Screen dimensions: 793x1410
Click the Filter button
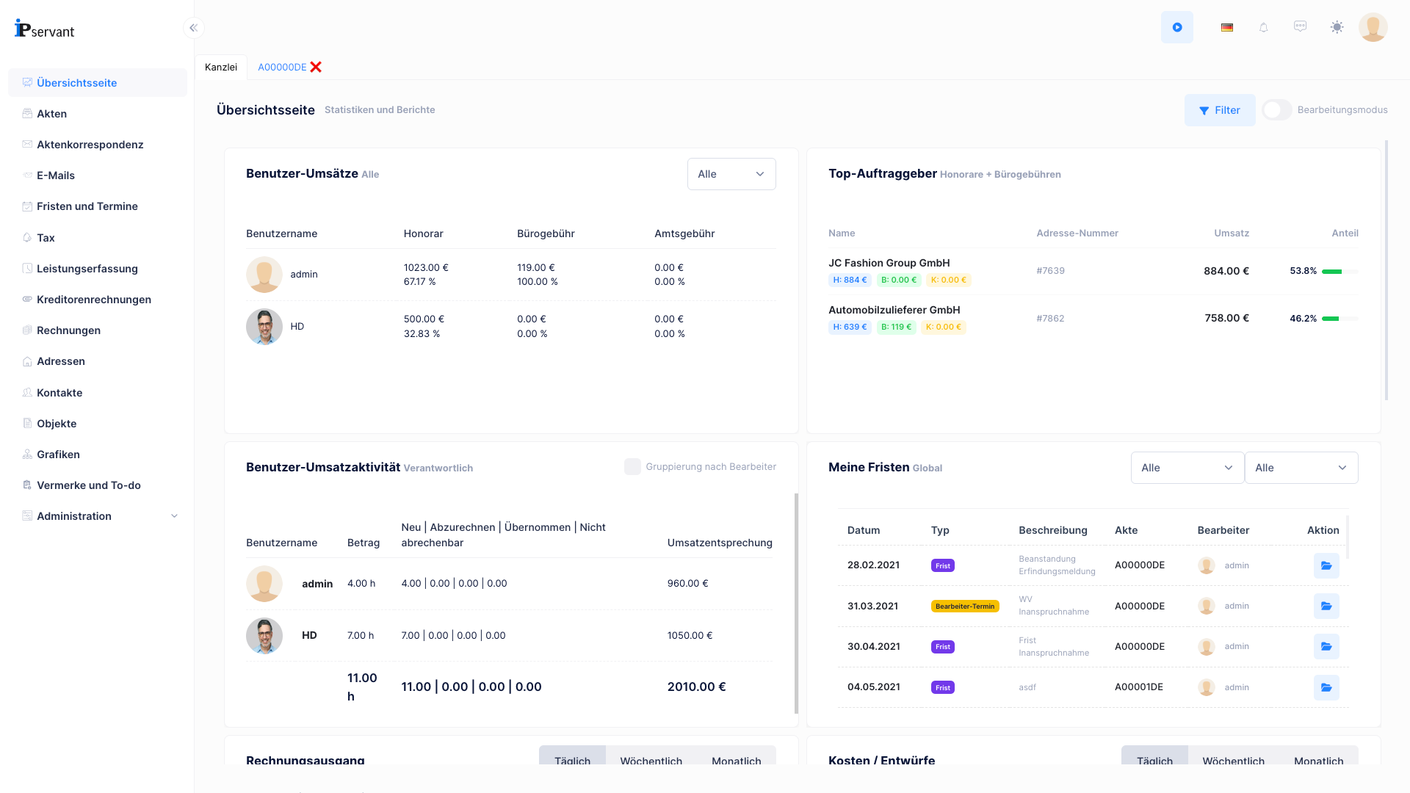(x=1219, y=110)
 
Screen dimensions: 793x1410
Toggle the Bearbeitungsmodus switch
(x=1276, y=110)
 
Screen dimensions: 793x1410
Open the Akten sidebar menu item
(x=51, y=114)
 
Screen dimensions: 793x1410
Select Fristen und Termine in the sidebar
(x=87, y=206)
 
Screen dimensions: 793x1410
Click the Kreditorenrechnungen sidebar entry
(x=93, y=300)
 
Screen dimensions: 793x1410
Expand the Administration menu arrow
(x=174, y=516)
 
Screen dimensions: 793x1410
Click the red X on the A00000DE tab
(x=316, y=67)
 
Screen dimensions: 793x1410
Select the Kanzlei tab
(x=220, y=67)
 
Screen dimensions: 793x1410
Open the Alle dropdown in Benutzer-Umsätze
(x=731, y=174)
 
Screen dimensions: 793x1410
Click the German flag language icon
(x=1226, y=27)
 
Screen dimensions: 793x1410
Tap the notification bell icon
(x=1263, y=27)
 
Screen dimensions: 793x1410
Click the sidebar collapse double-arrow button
(x=193, y=28)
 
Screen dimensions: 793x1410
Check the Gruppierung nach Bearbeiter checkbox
(x=632, y=467)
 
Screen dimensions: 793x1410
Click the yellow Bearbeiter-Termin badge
(x=964, y=606)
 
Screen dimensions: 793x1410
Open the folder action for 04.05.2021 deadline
(x=1326, y=688)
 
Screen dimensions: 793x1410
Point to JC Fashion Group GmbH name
(x=889, y=263)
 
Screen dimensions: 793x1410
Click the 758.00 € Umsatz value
(x=1226, y=318)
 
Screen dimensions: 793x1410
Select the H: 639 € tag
(x=849, y=327)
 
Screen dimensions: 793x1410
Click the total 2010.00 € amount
(x=695, y=687)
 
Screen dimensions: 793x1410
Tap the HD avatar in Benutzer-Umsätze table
(x=264, y=327)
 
